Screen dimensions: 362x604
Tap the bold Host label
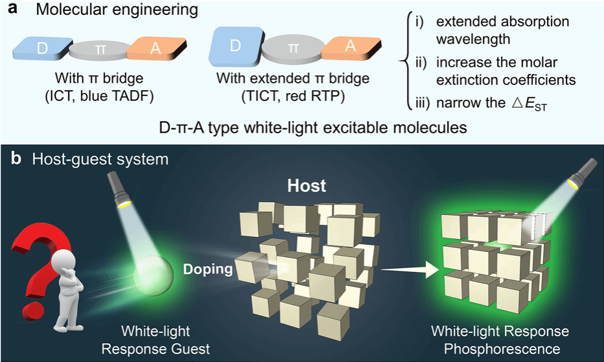307,187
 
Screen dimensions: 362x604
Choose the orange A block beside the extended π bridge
353,49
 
